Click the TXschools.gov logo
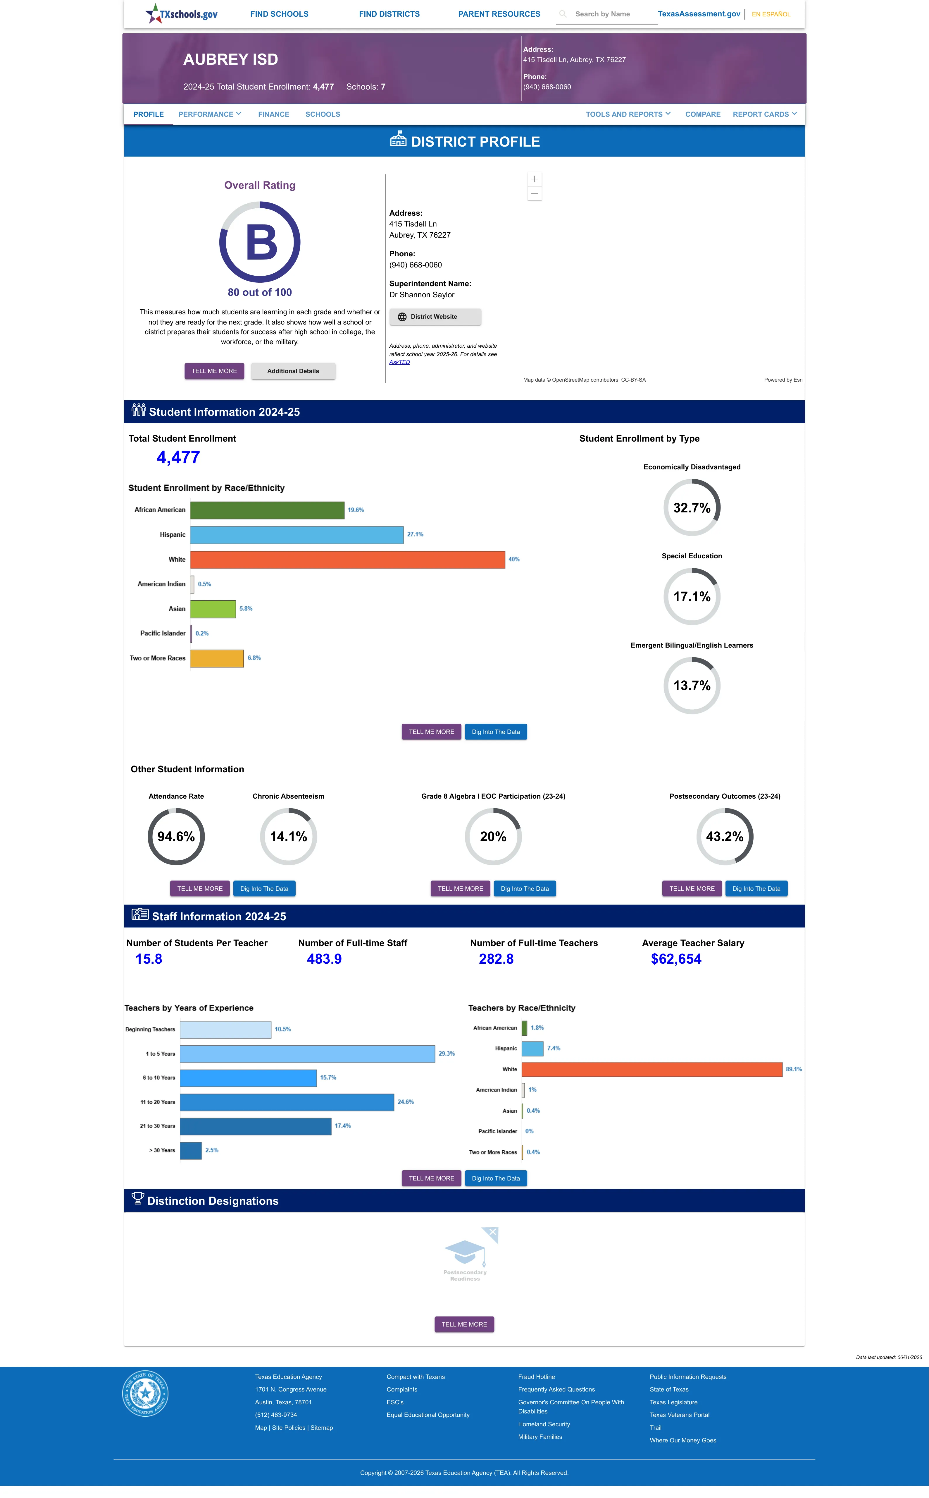[x=181, y=13]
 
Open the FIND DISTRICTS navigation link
[x=389, y=14]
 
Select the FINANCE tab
[x=273, y=114]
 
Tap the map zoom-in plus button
[x=535, y=179]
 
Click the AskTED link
[x=399, y=362]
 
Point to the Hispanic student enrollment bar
[x=297, y=535]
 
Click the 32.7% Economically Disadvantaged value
[x=692, y=508]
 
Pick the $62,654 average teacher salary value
[x=676, y=959]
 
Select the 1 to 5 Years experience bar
[x=307, y=1053]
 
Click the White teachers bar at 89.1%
[x=652, y=1070]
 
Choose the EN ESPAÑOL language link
[x=771, y=14]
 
